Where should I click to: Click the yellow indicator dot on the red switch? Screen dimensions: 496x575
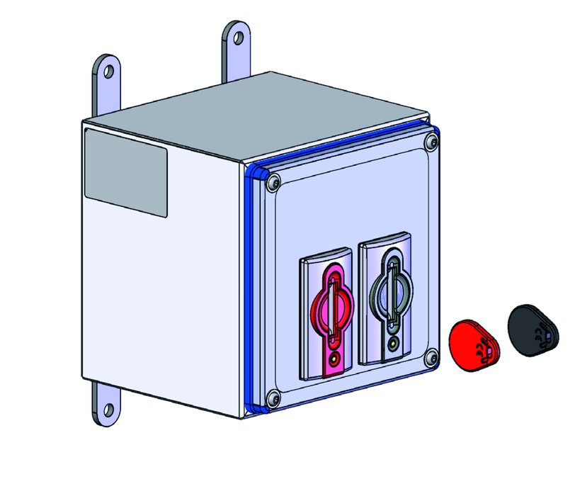(x=333, y=359)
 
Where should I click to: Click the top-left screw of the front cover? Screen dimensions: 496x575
(x=275, y=184)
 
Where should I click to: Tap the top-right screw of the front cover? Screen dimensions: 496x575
(x=428, y=144)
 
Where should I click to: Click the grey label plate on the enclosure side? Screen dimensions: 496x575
(x=126, y=173)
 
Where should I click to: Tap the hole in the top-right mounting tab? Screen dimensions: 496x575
(x=237, y=35)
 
